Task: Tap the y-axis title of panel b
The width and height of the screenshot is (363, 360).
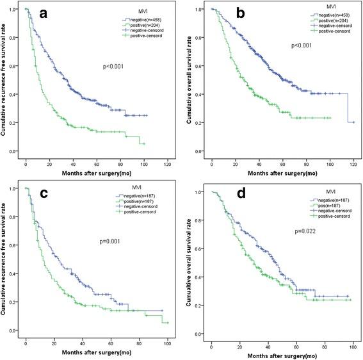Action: [186, 80]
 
